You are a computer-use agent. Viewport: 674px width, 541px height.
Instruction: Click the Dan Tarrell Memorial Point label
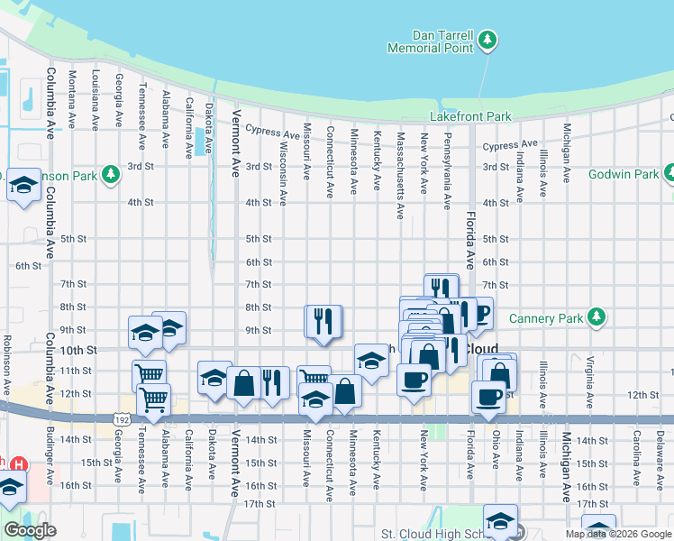[x=430, y=41]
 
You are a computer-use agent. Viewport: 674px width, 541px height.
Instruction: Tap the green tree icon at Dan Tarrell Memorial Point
[x=487, y=39]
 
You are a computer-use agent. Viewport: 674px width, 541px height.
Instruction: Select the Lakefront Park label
[x=470, y=117]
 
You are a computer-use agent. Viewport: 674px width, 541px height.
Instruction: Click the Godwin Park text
[x=622, y=173]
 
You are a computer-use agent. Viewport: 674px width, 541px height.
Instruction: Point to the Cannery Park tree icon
[x=596, y=316]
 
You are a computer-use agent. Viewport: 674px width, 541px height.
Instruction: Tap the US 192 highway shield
[x=120, y=419]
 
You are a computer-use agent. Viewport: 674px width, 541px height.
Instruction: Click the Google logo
[x=31, y=530]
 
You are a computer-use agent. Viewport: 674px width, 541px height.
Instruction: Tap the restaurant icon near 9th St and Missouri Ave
[x=323, y=322]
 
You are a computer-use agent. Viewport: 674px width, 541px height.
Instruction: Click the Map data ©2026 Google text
[x=617, y=534]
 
